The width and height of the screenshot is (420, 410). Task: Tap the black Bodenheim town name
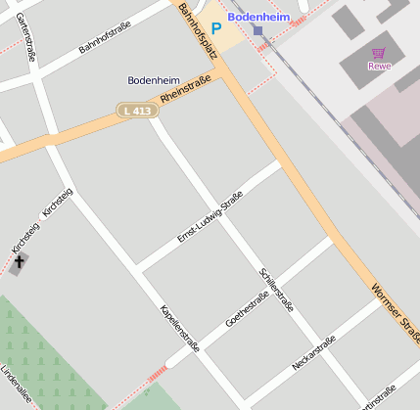[x=155, y=80]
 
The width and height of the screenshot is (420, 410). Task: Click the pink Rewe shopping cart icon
[x=378, y=53]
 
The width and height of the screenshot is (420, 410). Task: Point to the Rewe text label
[x=378, y=67]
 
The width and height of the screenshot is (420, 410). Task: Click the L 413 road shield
[x=137, y=112]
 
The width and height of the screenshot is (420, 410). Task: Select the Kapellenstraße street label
[x=180, y=328]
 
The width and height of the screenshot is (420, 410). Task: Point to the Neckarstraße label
[x=313, y=353]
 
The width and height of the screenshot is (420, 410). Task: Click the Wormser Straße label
[x=396, y=313]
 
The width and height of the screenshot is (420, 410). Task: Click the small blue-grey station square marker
[x=257, y=30]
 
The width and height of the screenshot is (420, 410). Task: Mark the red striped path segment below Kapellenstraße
[x=156, y=373]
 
